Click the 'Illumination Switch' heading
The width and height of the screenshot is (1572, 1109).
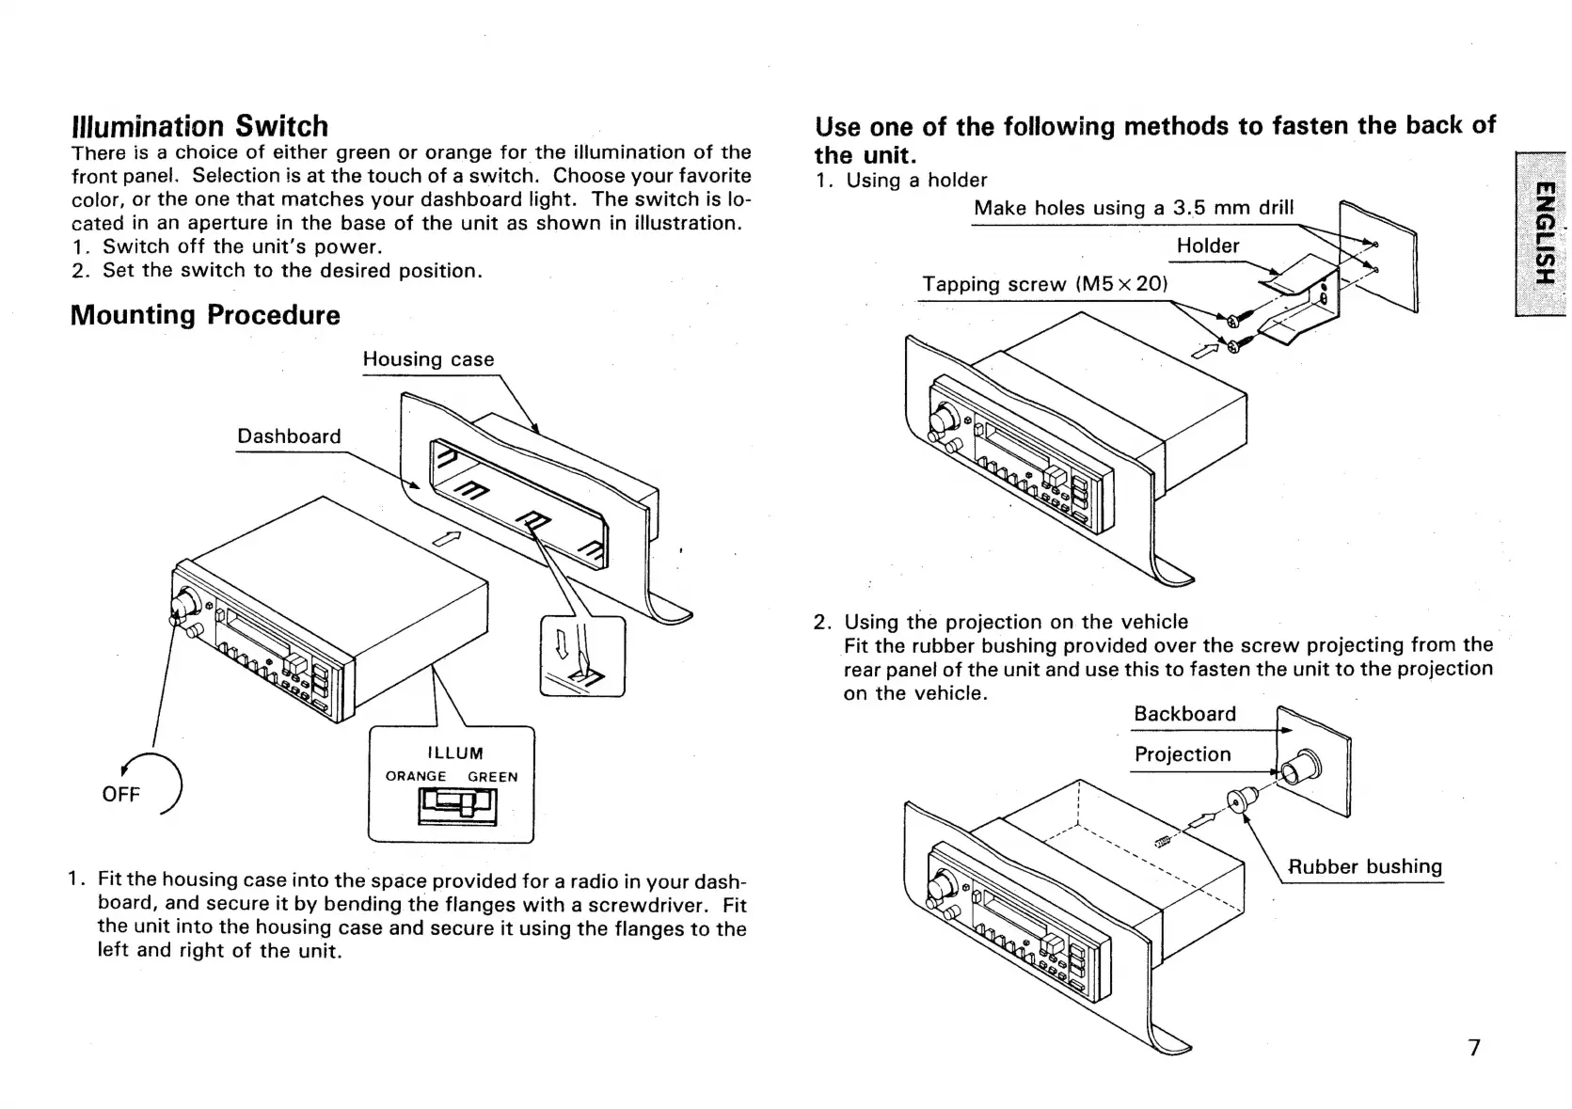(199, 126)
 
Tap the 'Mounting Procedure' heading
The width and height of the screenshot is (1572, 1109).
(205, 314)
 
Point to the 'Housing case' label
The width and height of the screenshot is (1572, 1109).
(428, 359)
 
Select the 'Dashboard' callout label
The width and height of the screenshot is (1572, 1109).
(289, 436)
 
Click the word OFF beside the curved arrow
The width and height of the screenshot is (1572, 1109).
(120, 794)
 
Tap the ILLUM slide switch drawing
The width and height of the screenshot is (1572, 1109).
(458, 804)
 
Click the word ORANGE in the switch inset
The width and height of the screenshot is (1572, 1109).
(416, 777)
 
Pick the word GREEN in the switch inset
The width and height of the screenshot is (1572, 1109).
(492, 777)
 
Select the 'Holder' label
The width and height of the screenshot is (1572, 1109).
(1208, 246)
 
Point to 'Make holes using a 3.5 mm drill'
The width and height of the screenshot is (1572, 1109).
(1134, 208)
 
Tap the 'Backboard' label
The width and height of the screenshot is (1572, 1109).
(1184, 714)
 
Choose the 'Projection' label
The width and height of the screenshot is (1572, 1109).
(1182, 754)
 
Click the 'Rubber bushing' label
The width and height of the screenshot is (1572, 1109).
(1364, 866)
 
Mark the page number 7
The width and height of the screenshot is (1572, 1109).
(1474, 1047)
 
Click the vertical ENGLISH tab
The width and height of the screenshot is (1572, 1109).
(1542, 233)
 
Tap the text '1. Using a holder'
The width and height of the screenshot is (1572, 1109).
(901, 180)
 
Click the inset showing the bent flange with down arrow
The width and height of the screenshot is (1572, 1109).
(582, 657)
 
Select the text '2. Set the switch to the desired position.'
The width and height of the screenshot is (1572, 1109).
(278, 271)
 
